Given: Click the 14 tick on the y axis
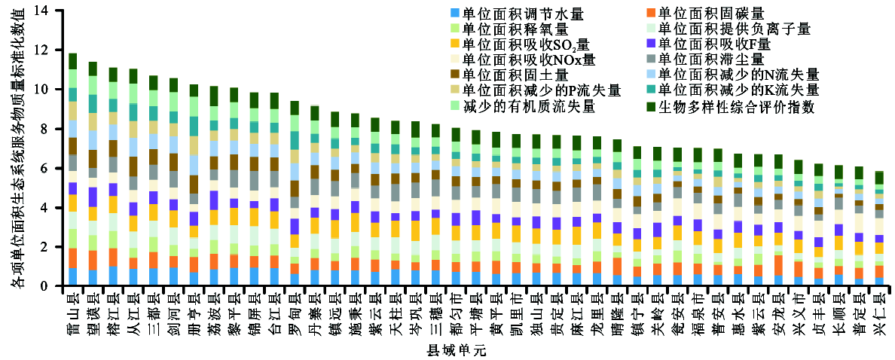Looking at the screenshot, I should click(41, 11).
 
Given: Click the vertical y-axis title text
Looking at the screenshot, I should click(17, 148).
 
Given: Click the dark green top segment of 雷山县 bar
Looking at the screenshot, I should click(73, 61).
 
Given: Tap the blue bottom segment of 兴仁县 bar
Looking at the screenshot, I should click(878, 282).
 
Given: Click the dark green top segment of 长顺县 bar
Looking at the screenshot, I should click(838, 172).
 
